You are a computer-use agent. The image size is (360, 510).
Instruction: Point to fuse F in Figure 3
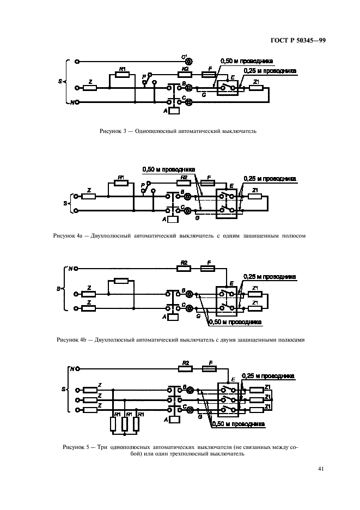tap(208, 75)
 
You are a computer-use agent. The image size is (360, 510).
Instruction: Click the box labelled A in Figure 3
tap(174, 111)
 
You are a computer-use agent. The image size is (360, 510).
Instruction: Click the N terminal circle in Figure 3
tap(77, 102)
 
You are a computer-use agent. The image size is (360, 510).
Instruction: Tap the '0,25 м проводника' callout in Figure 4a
tap(270, 178)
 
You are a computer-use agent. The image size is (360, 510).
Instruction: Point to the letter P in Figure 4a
tap(142, 185)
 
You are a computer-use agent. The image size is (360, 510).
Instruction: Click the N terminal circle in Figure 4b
tap(77, 268)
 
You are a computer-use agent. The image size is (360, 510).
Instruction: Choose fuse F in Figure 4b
tap(208, 268)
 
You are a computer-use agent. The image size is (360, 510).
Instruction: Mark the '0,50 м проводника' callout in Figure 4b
tap(236, 322)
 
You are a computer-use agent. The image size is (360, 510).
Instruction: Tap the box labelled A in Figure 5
tap(174, 420)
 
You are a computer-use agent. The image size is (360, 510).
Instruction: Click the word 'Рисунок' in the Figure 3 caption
tap(111, 131)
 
